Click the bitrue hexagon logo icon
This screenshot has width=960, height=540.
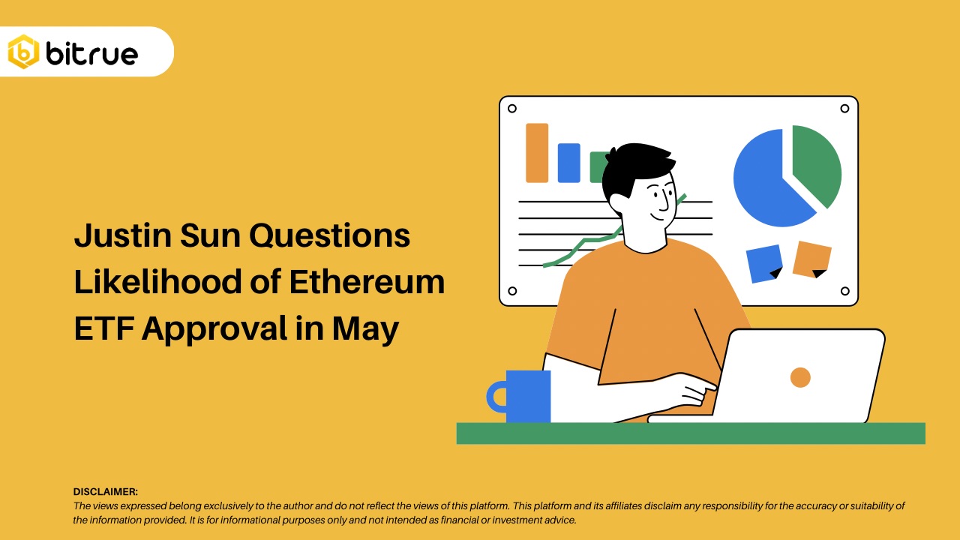pos(23,52)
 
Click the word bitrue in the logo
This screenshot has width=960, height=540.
pos(91,53)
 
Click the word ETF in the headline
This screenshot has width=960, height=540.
pos(103,328)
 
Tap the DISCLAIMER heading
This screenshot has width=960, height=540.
pos(106,492)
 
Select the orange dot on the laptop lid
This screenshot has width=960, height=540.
pos(800,377)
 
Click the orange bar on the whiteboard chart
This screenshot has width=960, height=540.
pos(537,153)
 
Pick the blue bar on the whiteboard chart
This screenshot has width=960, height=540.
pos(568,163)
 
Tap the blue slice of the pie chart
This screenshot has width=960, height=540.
pos(765,184)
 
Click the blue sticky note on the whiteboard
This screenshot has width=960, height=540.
pos(763,263)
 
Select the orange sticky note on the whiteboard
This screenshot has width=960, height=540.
pos(812,259)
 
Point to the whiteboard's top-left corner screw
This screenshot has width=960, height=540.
pos(512,109)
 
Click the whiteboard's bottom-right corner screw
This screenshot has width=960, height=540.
pos(844,291)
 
